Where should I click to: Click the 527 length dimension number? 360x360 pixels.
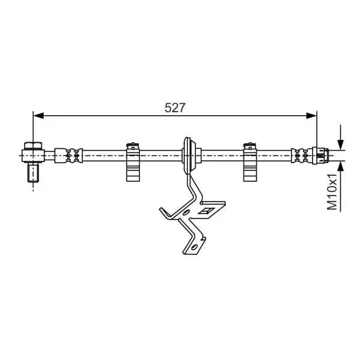pos(175,107)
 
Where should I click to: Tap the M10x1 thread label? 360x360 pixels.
pos(332,192)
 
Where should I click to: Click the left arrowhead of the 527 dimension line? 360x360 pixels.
pos(38,116)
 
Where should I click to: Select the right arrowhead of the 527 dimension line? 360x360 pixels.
pos(311,116)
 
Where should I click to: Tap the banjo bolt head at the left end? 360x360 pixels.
pos(33,146)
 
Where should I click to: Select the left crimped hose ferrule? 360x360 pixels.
pos(68,155)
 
